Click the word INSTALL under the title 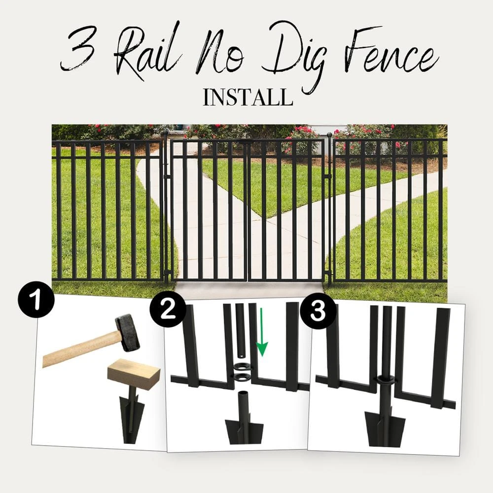click(x=247, y=97)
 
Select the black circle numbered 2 click(x=168, y=310)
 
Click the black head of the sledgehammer click(x=127, y=332)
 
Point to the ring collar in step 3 click(x=386, y=381)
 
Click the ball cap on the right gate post click(x=329, y=134)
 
